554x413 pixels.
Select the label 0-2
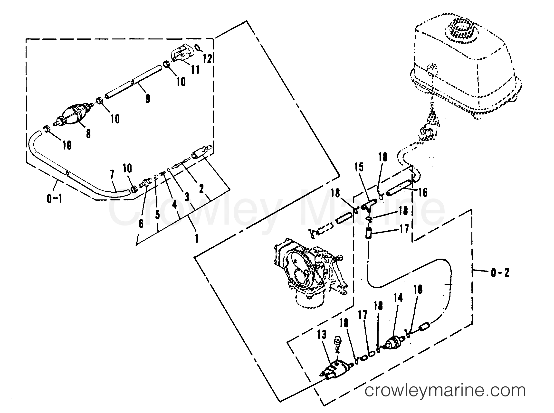(x=500, y=273)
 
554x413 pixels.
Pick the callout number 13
(x=322, y=335)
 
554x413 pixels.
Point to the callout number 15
(x=359, y=167)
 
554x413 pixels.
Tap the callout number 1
(x=197, y=238)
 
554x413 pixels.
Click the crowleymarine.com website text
(x=445, y=391)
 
